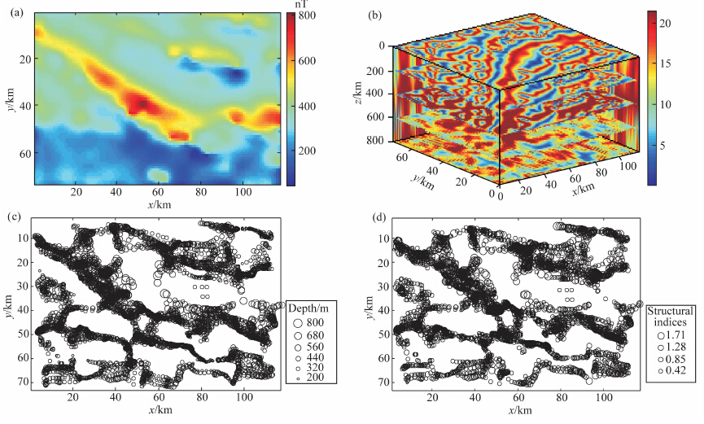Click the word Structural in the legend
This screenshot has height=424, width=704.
[x=670, y=311]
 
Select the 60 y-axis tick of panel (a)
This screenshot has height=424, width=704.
[x=23, y=154]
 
